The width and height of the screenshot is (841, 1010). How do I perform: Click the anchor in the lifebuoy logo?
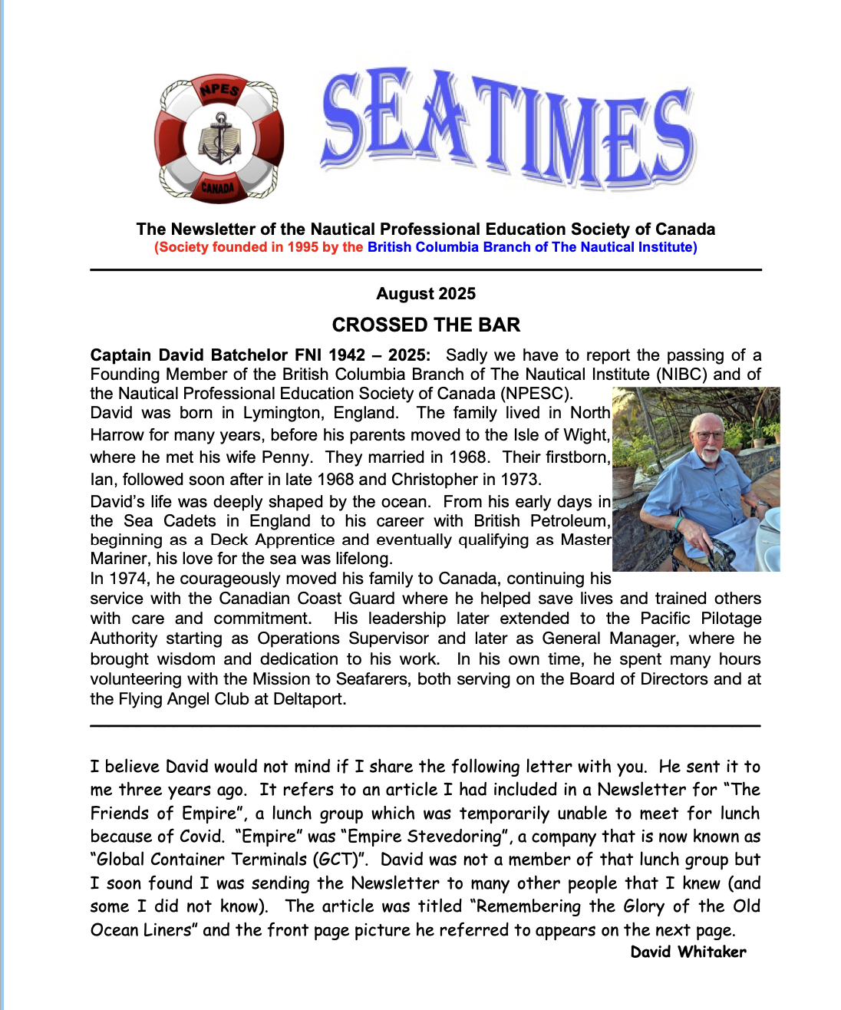click(220, 138)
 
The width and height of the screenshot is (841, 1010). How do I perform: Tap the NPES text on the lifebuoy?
click(220, 91)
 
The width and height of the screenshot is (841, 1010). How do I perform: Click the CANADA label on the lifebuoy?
click(219, 187)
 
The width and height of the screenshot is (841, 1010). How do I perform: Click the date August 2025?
click(426, 294)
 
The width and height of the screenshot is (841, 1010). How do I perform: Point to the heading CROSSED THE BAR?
click(426, 325)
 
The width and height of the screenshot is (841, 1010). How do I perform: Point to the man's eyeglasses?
click(711, 434)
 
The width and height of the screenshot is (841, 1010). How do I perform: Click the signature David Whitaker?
click(688, 952)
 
